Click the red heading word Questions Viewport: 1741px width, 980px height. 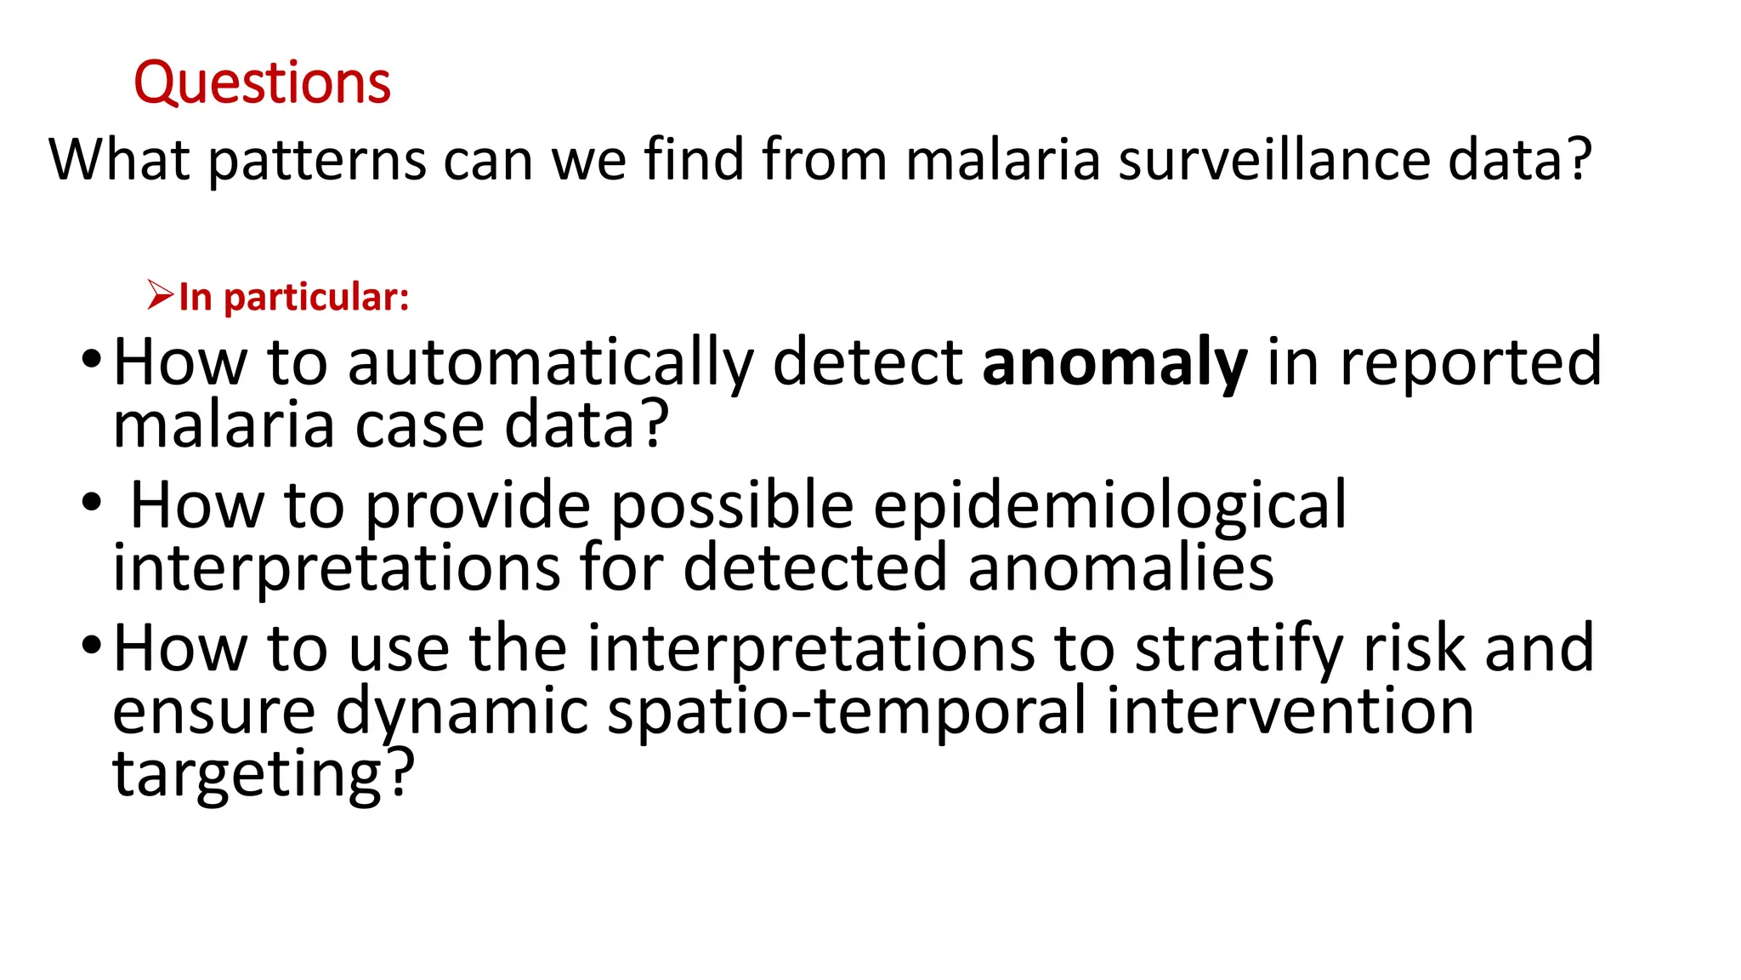pos(262,83)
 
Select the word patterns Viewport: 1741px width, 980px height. pos(317,161)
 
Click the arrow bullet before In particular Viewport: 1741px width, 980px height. pos(160,295)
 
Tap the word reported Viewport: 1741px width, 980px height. pos(1471,362)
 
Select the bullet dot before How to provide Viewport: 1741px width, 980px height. pos(91,503)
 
